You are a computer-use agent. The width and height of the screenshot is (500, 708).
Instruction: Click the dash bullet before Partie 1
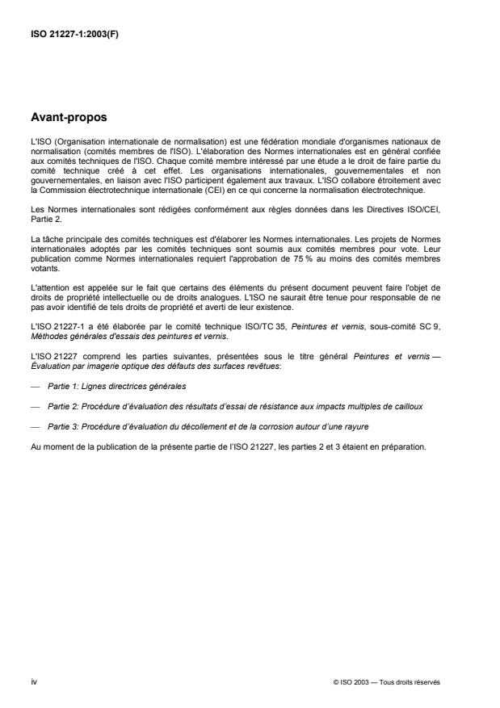34,388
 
